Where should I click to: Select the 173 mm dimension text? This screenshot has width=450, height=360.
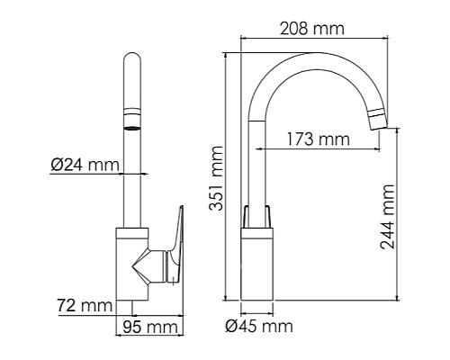[x=318, y=139]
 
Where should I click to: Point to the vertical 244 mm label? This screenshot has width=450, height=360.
[x=388, y=221]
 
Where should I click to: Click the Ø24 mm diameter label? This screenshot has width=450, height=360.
[x=85, y=165]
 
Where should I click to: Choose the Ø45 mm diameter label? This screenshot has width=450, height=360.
[x=259, y=325]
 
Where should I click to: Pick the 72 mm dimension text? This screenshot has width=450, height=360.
[x=84, y=306]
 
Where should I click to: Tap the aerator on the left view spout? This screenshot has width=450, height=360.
[x=132, y=119]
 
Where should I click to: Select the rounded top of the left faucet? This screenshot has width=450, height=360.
[x=132, y=65]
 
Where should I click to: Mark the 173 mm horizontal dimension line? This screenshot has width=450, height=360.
[x=315, y=150]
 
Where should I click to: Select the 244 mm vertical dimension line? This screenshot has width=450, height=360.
[x=399, y=216]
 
